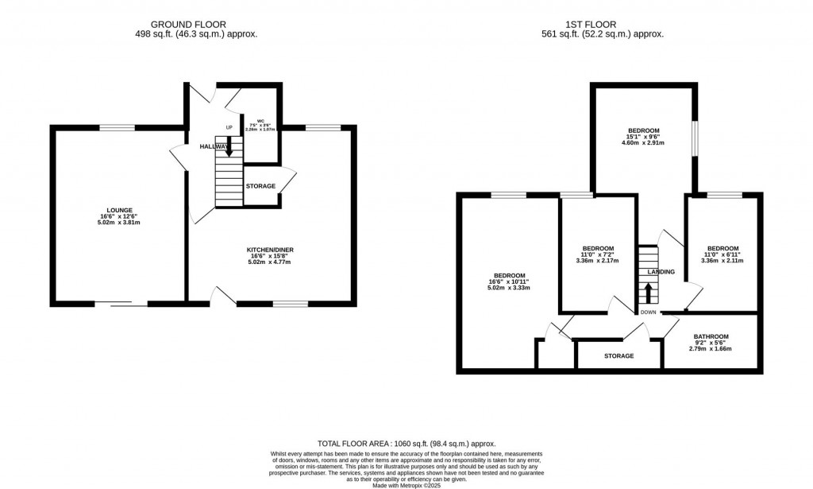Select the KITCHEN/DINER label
tap(270, 250)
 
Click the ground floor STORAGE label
tap(260, 186)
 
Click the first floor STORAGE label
tap(618, 355)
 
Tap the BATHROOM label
tap(711, 336)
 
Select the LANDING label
tap(661, 272)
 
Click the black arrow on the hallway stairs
tap(229, 146)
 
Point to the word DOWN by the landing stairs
tap(649, 312)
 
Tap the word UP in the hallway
tap(229, 127)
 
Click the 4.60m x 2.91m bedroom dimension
tap(643, 143)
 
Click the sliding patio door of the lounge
tap(121, 303)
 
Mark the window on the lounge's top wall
tap(117, 127)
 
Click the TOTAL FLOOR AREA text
tap(406, 444)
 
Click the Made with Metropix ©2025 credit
tap(406, 484)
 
